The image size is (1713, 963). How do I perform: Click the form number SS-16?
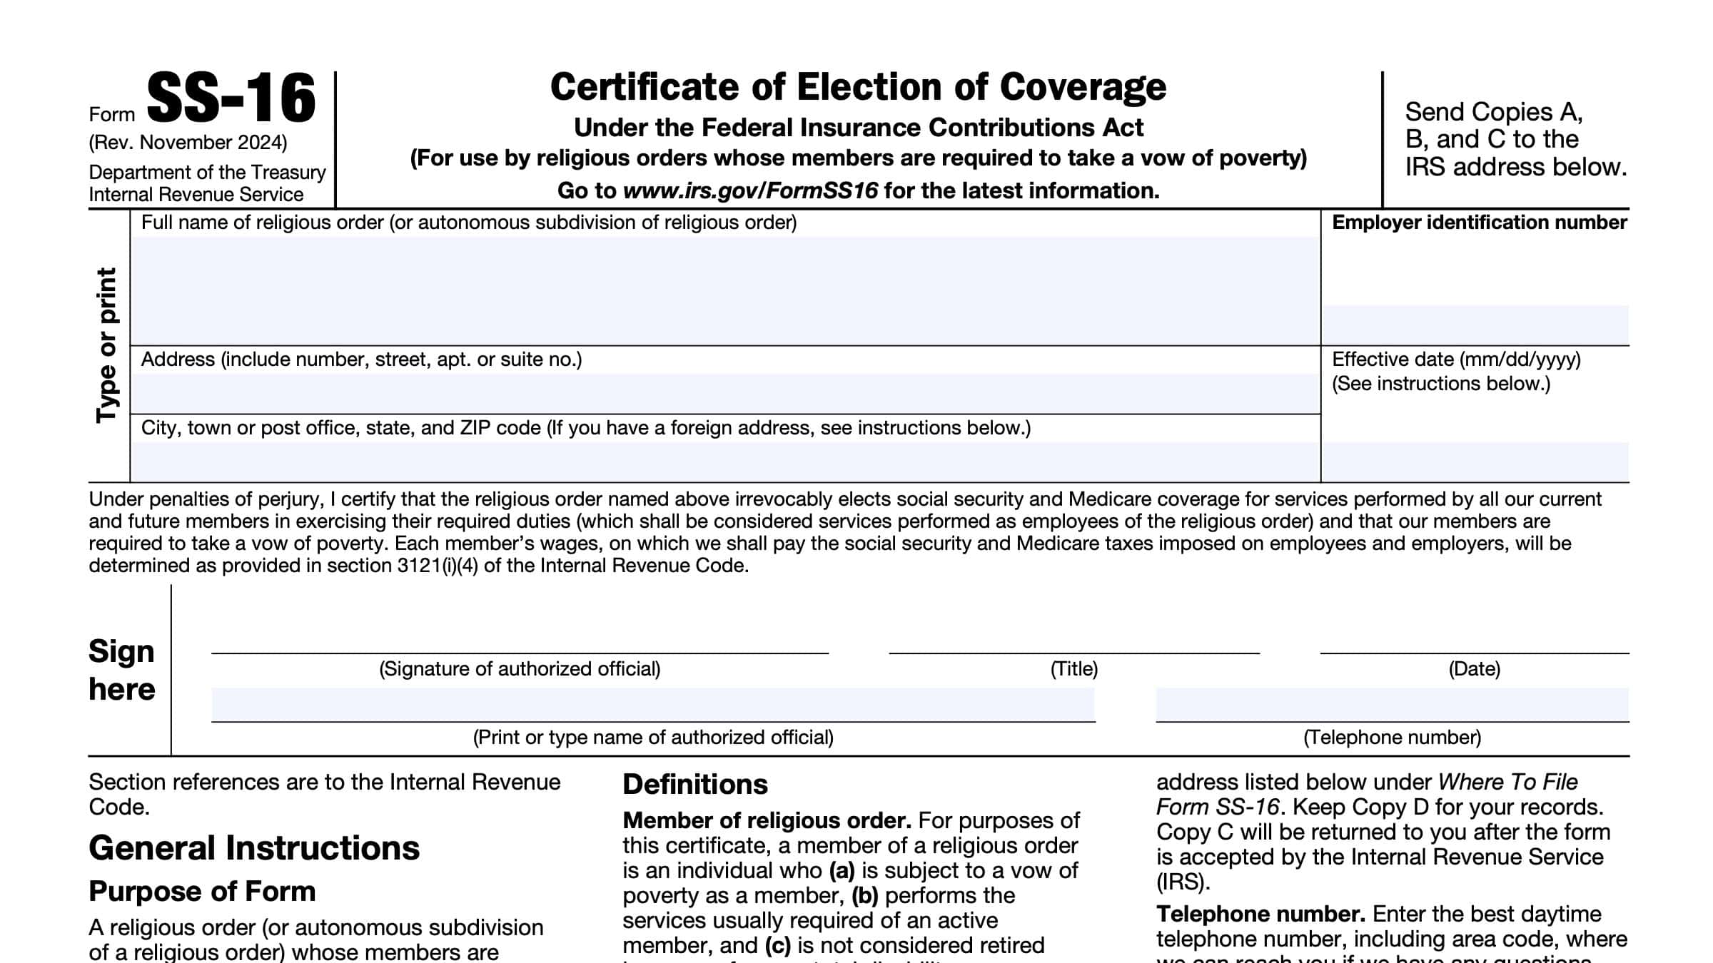tap(231, 99)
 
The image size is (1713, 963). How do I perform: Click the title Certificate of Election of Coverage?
tap(858, 88)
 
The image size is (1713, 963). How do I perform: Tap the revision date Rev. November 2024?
tap(188, 143)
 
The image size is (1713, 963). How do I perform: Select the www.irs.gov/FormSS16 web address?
tap(750, 190)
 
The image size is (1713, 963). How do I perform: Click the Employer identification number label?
tap(1479, 223)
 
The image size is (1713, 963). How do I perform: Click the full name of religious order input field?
tap(724, 290)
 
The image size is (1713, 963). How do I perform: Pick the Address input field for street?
tap(724, 393)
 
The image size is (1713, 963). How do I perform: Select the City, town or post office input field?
tap(724, 461)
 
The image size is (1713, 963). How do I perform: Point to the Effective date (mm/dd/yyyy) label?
tap(1456, 360)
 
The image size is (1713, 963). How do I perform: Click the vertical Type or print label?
tap(107, 345)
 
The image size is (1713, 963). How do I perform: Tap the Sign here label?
tap(121, 671)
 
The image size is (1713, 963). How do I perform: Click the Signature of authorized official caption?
tap(520, 669)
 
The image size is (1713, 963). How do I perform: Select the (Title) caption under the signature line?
tap(1073, 669)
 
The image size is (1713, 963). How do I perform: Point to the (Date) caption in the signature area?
tap(1474, 669)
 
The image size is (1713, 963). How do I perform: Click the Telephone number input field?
tap(1392, 705)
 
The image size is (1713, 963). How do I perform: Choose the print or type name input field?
tap(652, 705)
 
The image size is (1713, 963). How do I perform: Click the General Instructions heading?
tap(254, 848)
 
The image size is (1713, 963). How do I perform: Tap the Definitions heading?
tap(695, 785)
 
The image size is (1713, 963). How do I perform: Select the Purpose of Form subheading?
tap(202, 892)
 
